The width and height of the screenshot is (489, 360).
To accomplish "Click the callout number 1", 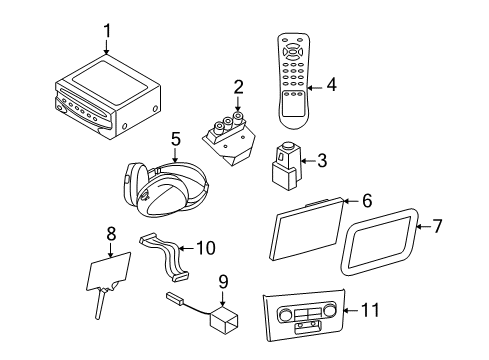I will click(107, 32).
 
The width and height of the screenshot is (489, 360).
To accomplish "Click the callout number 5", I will click(174, 139).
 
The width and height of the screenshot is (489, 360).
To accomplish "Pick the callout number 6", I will click(367, 201).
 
